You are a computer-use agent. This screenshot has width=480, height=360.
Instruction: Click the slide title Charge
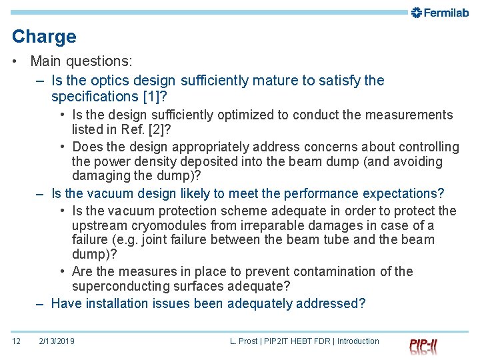coord(44,37)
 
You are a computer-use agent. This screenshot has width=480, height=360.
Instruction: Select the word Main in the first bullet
coord(45,61)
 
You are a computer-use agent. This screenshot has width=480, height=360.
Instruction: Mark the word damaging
coord(101,176)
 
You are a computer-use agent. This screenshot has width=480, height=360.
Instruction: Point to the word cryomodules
coord(172,225)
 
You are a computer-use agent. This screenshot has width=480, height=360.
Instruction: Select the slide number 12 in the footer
coord(17,341)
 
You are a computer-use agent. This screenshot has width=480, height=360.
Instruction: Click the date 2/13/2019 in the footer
coord(57,341)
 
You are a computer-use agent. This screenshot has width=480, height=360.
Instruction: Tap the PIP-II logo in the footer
coord(423,345)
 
